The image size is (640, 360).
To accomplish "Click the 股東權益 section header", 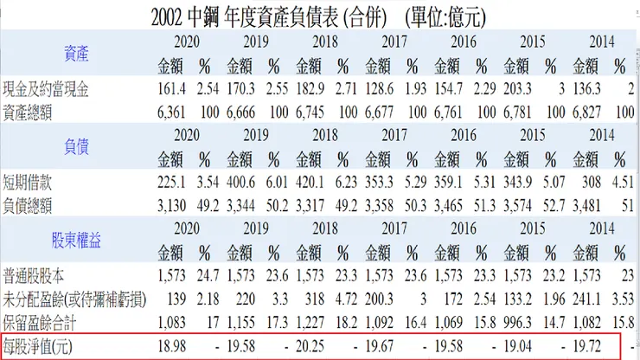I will click(75, 237).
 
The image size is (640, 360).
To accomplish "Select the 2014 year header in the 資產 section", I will click(600, 42).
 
